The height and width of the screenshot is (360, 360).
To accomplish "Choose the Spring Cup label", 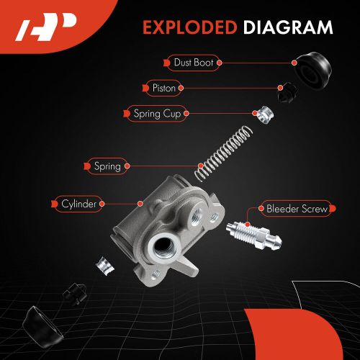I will (x=157, y=114).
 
